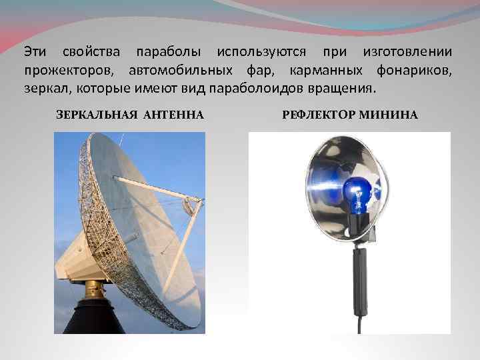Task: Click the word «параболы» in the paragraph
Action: tap(169, 51)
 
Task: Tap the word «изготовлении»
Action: tap(407, 51)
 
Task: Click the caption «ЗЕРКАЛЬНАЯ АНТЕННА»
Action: tap(129, 115)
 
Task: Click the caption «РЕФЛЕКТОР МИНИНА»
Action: tap(350, 115)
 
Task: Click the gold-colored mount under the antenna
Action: tap(95, 289)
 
